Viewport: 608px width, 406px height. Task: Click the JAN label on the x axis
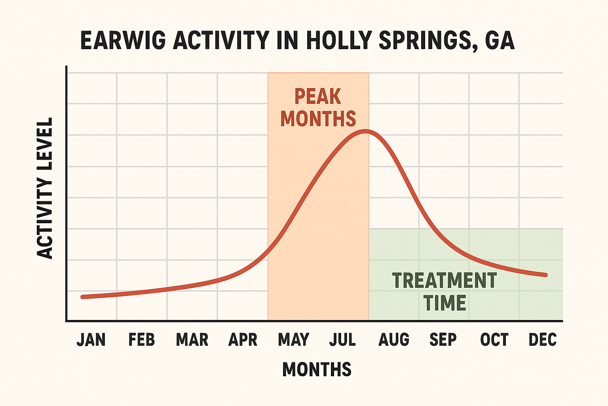tap(91, 340)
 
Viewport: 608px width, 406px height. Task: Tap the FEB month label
tap(141, 340)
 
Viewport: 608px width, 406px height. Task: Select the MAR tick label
tap(192, 340)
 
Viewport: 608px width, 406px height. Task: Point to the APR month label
tap(243, 340)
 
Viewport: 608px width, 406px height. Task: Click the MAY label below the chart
tap(293, 340)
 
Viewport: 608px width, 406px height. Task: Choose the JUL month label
tap(342, 340)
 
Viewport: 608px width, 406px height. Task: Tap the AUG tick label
tap(394, 340)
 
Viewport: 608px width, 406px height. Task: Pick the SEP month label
tap(443, 340)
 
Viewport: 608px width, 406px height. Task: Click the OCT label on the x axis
tap(494, 340)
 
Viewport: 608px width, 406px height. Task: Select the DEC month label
tap(543, 340)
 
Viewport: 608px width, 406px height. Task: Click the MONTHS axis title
tap(317, 370)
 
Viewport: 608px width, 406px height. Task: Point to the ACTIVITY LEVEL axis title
tap(45, 188)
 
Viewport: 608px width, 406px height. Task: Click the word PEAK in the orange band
tap(317, 96)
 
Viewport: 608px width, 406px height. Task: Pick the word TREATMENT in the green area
tap(445, 280)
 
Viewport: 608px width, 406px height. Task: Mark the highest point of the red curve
tap(365, 131)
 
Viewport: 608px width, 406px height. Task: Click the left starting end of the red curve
tap(82, 297)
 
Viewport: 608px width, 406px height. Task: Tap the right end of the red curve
tap(546, 275)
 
